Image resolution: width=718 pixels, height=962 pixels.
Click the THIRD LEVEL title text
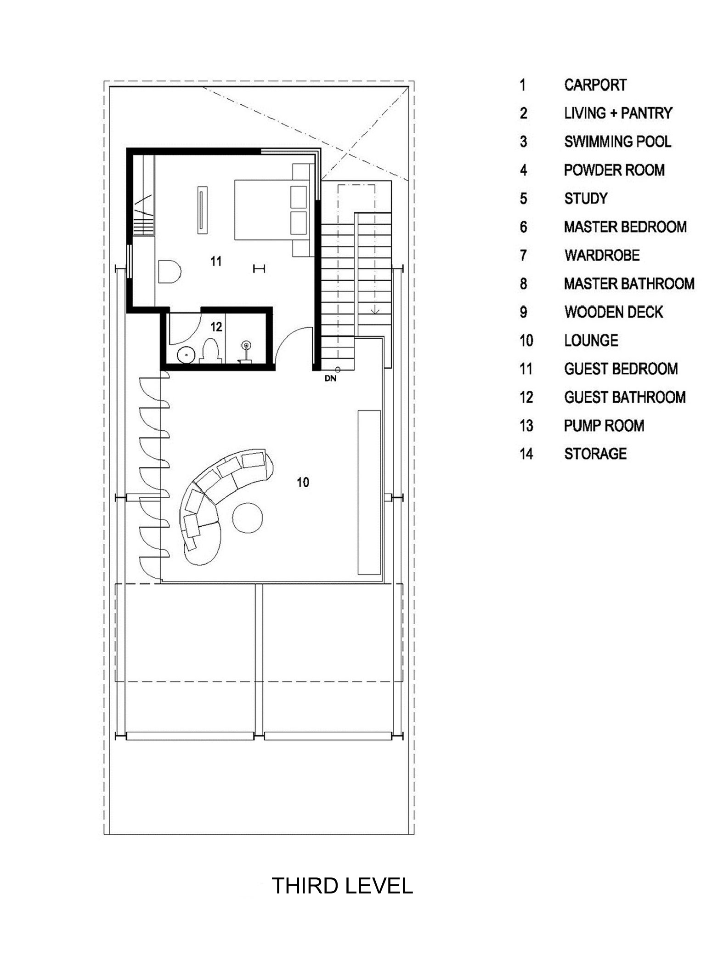tap(342, 886)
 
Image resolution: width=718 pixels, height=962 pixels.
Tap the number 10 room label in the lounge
tap(303, 482)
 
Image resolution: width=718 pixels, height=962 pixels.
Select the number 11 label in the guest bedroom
tap(216, 262)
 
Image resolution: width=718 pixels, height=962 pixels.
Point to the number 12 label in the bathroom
tap(216, 327)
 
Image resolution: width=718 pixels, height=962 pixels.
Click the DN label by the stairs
tap(330, 379)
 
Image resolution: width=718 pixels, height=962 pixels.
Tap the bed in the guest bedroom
tap(271, 210)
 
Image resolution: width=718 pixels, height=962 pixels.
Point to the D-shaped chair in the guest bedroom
tap(169, 272)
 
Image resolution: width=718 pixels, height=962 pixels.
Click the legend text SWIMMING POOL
tap(618, 142)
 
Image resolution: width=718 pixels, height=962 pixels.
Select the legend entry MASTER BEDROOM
tap(625, 227)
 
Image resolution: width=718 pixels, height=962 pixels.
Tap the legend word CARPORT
tap(595, 85)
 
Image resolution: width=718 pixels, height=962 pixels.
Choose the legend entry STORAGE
tap(595, 454)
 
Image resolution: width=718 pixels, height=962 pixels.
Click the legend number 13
tap(526, 426)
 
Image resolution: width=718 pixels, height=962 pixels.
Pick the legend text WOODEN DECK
tap(614, 312)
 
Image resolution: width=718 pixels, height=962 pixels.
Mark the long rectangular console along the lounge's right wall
tap(369, 492)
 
